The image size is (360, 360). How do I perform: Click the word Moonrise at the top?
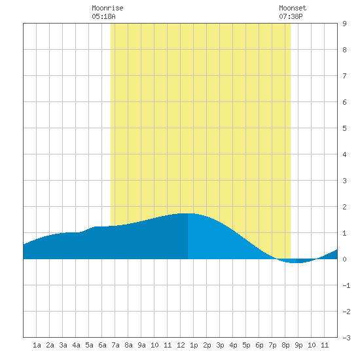point(107,8)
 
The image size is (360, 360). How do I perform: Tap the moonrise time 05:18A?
point(104,16)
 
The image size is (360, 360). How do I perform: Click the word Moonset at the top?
point(293,8)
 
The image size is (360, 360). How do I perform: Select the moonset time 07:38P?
point(291,16)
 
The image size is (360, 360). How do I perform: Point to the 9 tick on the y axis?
point(344,24)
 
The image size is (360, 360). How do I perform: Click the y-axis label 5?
point(344,128)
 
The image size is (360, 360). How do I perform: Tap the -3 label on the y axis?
point(346,338)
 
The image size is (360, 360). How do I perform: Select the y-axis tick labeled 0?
point(344,259)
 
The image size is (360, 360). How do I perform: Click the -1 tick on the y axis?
point(346,285)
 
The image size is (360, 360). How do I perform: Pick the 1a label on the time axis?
point(37,345)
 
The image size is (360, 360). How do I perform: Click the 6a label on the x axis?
point(102,345)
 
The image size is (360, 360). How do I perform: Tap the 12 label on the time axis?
point(181,345)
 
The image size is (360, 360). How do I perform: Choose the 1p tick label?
point(194,345)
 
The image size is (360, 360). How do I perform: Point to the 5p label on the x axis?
point(246,345)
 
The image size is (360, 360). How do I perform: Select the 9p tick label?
point(298,345)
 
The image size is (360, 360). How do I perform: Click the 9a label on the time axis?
point(141,345)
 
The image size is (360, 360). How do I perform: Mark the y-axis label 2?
point(344,207)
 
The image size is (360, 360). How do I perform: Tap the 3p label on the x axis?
point(220,345)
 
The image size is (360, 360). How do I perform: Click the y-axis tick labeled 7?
point(344,76)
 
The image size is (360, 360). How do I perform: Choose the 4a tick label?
point(76,345)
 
